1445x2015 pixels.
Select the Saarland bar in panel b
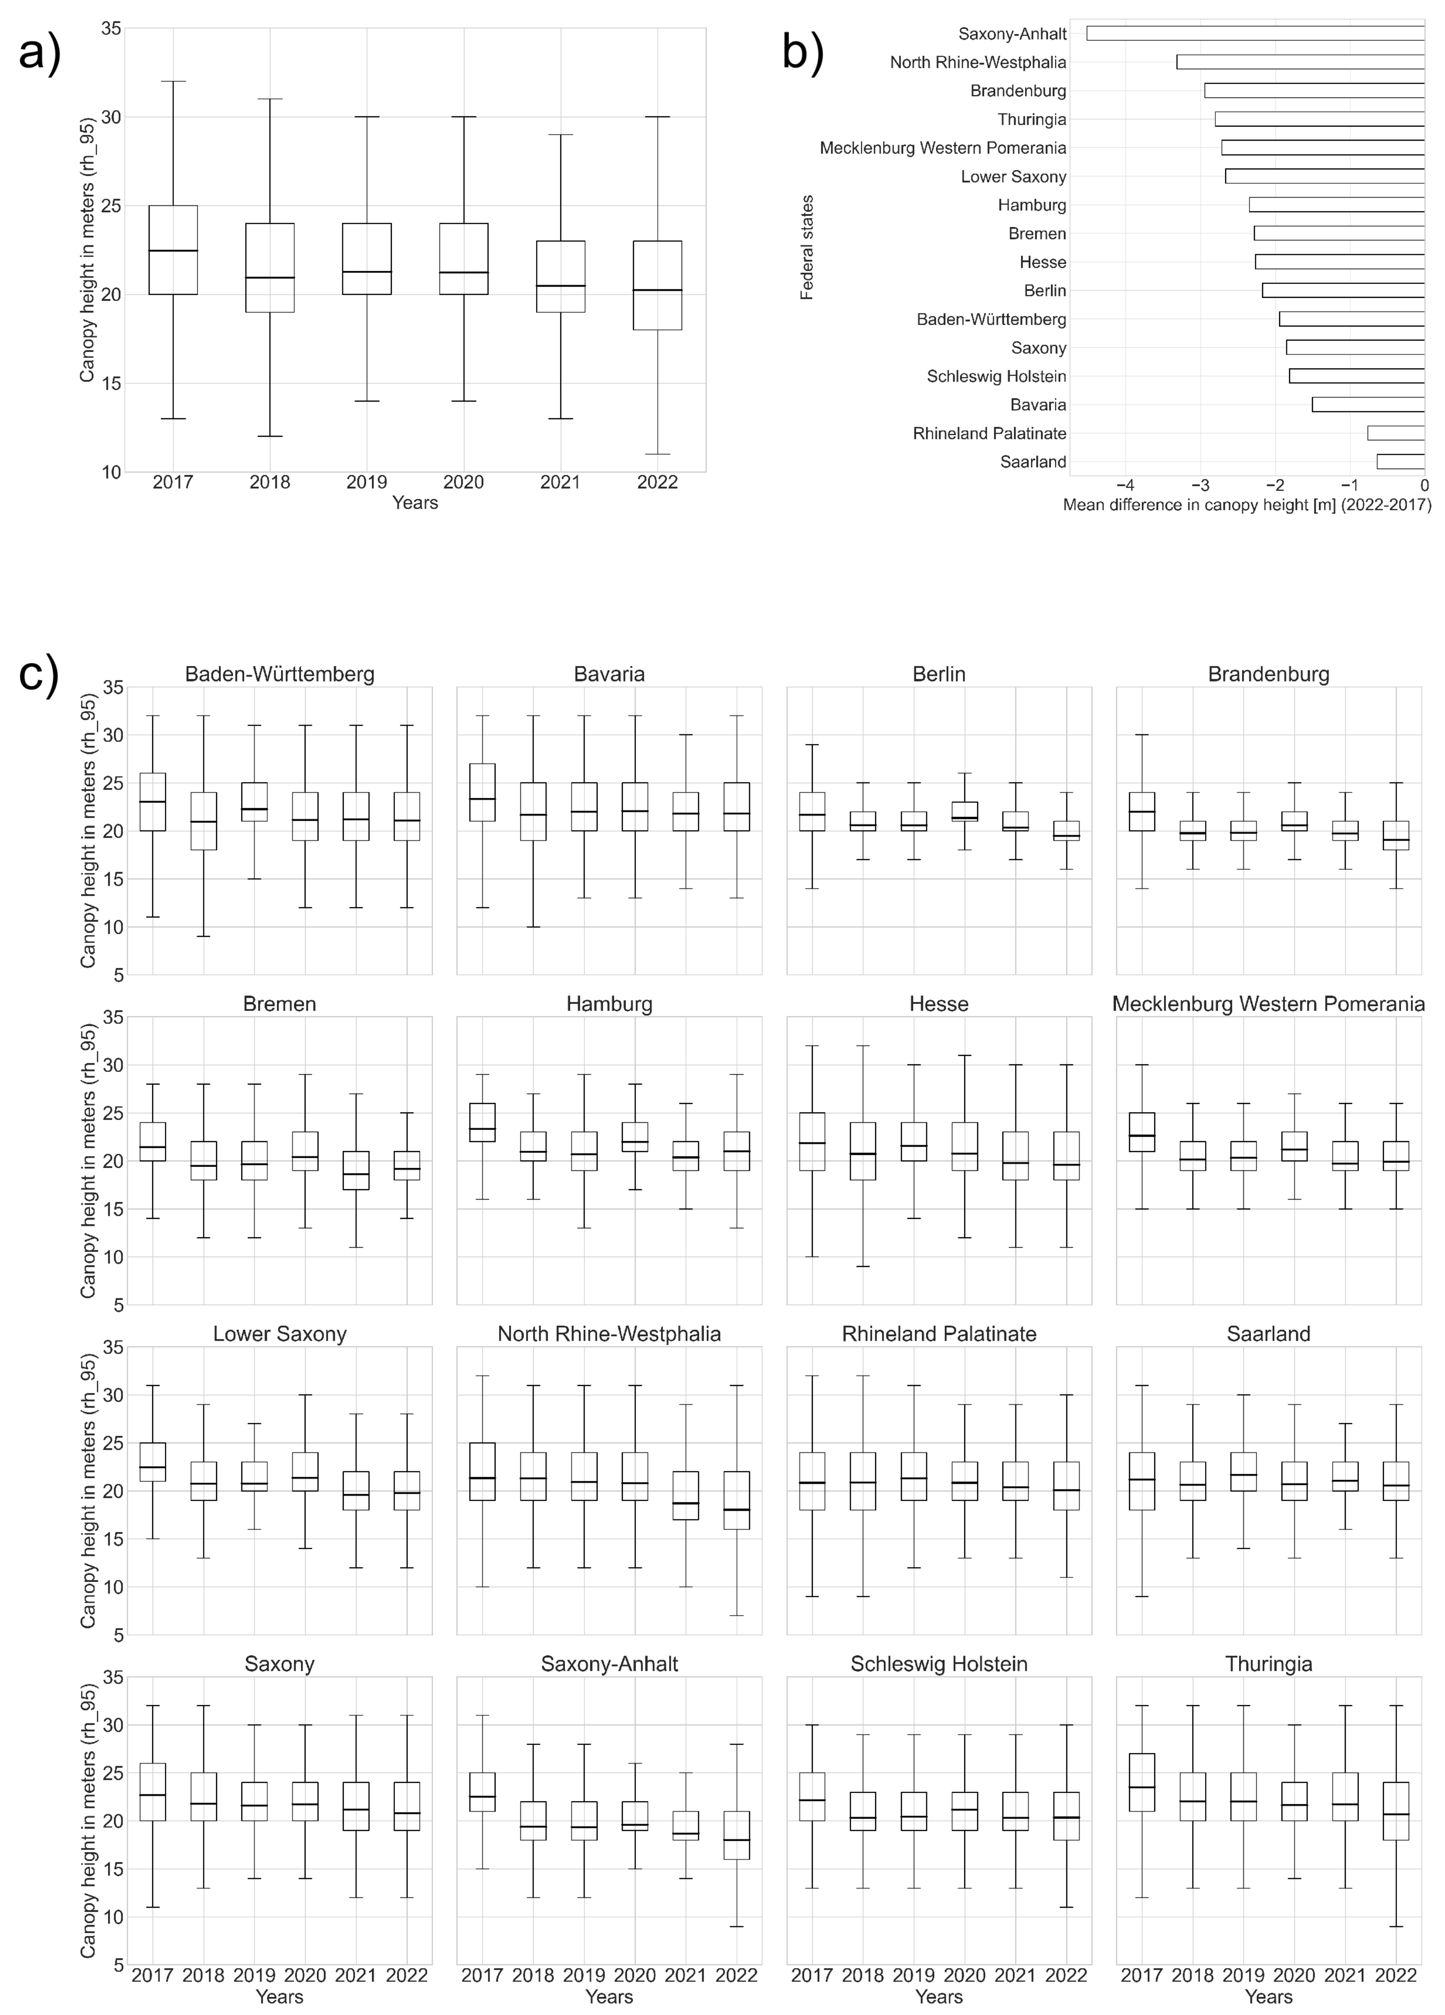[1401, 461]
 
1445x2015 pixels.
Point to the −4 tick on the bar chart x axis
[1125, 485]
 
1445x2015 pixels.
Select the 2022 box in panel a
[658, 285]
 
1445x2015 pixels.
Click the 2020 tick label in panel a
[463, 483]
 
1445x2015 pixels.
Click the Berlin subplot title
[939, 673]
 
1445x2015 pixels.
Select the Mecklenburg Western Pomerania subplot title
[1268, 1004]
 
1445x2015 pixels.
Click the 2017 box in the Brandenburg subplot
[1142, 811]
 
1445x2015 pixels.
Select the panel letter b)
[802, 52]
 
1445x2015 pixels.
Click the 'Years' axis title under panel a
[415, 503]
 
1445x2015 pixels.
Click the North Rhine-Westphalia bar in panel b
[1300, 62]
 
